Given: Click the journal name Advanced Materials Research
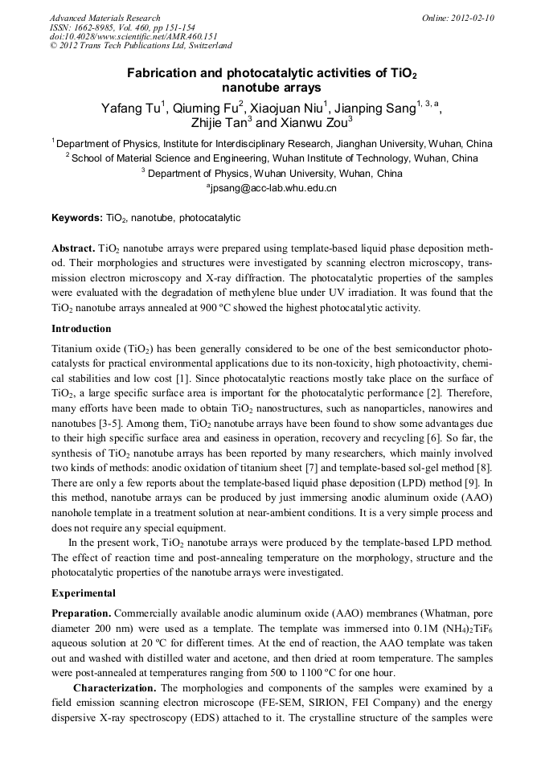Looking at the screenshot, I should pyautogui.click(x=104, y=18).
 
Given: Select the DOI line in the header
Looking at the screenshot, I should pyautogui.click(x=133, y=36).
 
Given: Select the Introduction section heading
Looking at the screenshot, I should pyautogui.click(x=81, y=328).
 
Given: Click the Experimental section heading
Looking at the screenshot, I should pyautogui.click(x=84, y=593).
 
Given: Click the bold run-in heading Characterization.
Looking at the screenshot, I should pyautogui.click(x=115, y=688).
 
